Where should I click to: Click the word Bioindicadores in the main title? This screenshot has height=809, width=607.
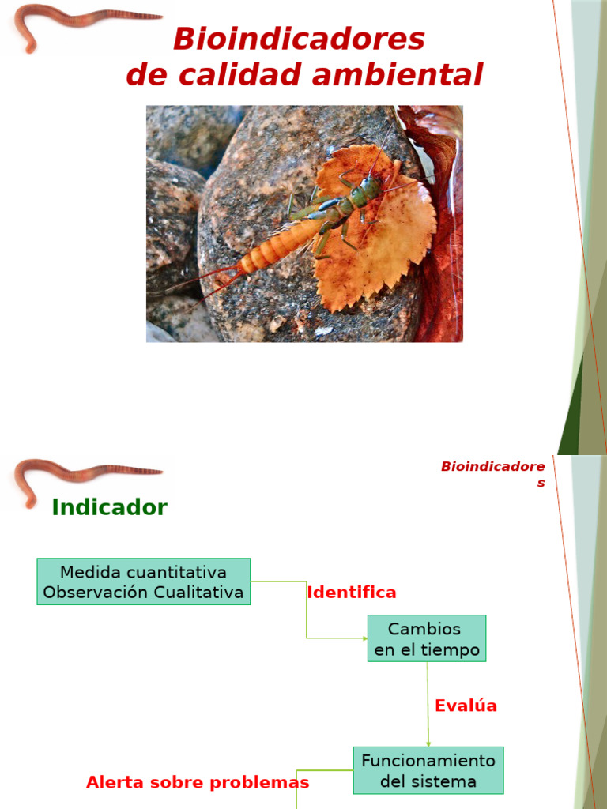point(299,39)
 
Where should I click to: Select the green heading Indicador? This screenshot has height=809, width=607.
point(109,507)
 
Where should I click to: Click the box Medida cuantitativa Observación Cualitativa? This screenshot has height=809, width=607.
point(143,581)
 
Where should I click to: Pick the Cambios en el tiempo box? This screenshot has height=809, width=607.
point(427,638)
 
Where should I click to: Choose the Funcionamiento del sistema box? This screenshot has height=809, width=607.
point(428,770)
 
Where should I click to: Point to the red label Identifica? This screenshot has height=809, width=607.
point(351,593)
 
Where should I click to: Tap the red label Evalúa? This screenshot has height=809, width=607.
point(466,706)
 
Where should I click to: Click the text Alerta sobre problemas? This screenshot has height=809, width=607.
point(198,782)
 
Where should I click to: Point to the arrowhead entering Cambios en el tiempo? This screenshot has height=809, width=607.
point(364,638)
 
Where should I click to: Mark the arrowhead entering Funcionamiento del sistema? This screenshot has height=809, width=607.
point(428,743)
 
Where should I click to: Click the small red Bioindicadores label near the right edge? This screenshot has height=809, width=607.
point(492,473)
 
